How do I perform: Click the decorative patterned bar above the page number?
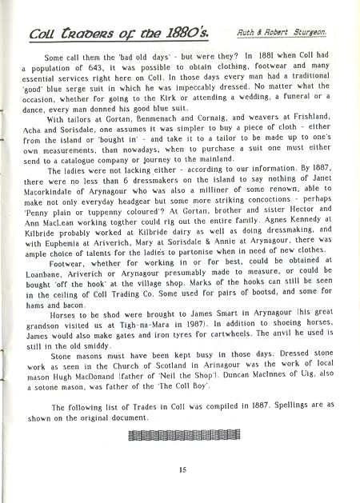[183, 436]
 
